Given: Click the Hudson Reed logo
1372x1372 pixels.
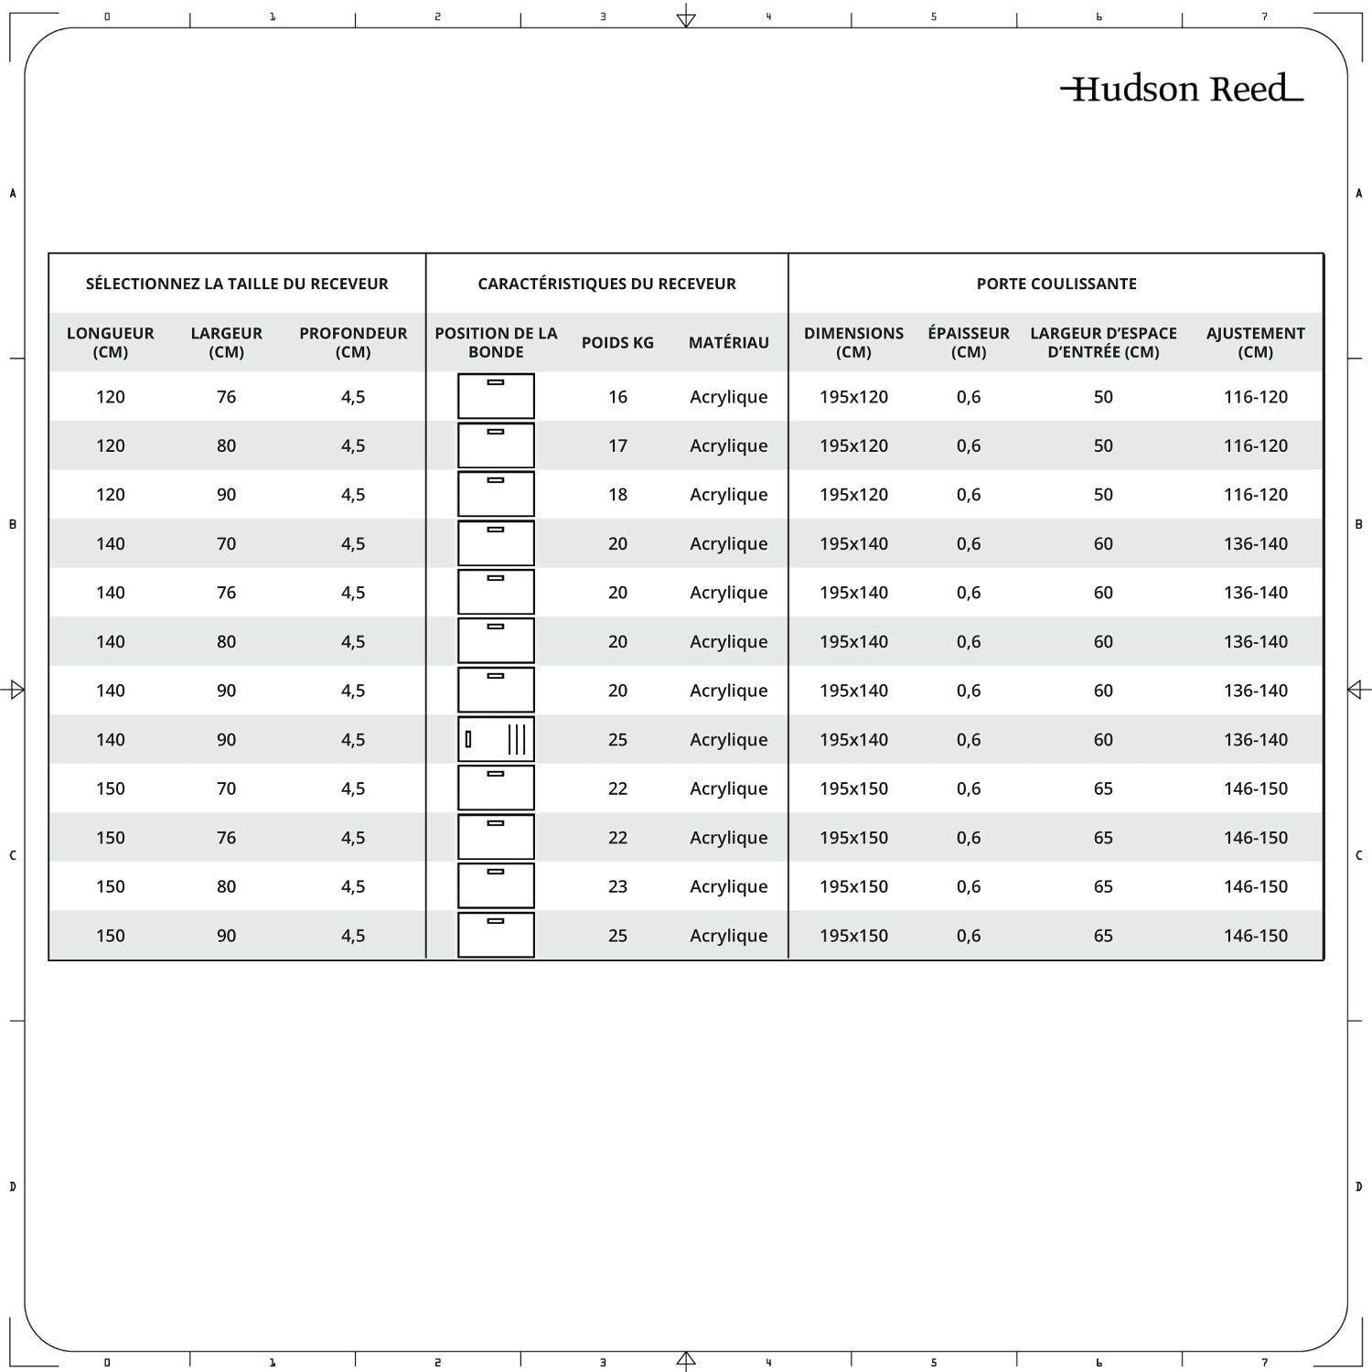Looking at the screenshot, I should point(1182,89).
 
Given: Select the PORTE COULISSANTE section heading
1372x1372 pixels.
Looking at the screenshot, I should point(1056,284).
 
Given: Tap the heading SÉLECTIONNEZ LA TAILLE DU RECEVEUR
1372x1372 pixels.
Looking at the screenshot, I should point(237,284).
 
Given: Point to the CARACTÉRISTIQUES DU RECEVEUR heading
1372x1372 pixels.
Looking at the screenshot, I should point(606,284).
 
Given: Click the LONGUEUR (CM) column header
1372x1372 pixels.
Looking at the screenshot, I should point(111,342).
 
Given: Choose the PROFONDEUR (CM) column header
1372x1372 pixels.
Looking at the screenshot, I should point(353,342).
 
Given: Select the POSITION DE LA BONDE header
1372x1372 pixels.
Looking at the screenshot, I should point(496,342).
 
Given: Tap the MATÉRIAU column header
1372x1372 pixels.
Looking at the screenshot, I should point(729,342).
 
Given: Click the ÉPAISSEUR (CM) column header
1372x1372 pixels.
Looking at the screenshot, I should point(969,342).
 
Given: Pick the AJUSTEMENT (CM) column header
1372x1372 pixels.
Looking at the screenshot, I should point(1255,342).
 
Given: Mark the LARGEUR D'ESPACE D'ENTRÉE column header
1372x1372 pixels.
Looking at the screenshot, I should point(1103,342).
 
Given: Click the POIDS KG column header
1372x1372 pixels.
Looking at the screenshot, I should point(617,342).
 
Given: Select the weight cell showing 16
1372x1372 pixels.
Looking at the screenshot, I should point(617,397).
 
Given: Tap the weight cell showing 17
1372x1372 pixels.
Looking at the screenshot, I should point(617,445).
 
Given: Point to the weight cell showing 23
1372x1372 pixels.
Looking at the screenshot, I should point(617,886).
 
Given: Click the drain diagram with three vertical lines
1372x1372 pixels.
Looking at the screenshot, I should point(496,739).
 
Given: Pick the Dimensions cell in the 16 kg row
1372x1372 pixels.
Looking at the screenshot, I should point(853,397).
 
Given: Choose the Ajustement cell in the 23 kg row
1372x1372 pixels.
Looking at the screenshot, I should point(1255,886).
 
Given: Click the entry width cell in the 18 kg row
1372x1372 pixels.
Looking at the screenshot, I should point(1103,495).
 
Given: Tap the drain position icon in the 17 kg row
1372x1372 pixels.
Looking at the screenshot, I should point(496,445).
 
